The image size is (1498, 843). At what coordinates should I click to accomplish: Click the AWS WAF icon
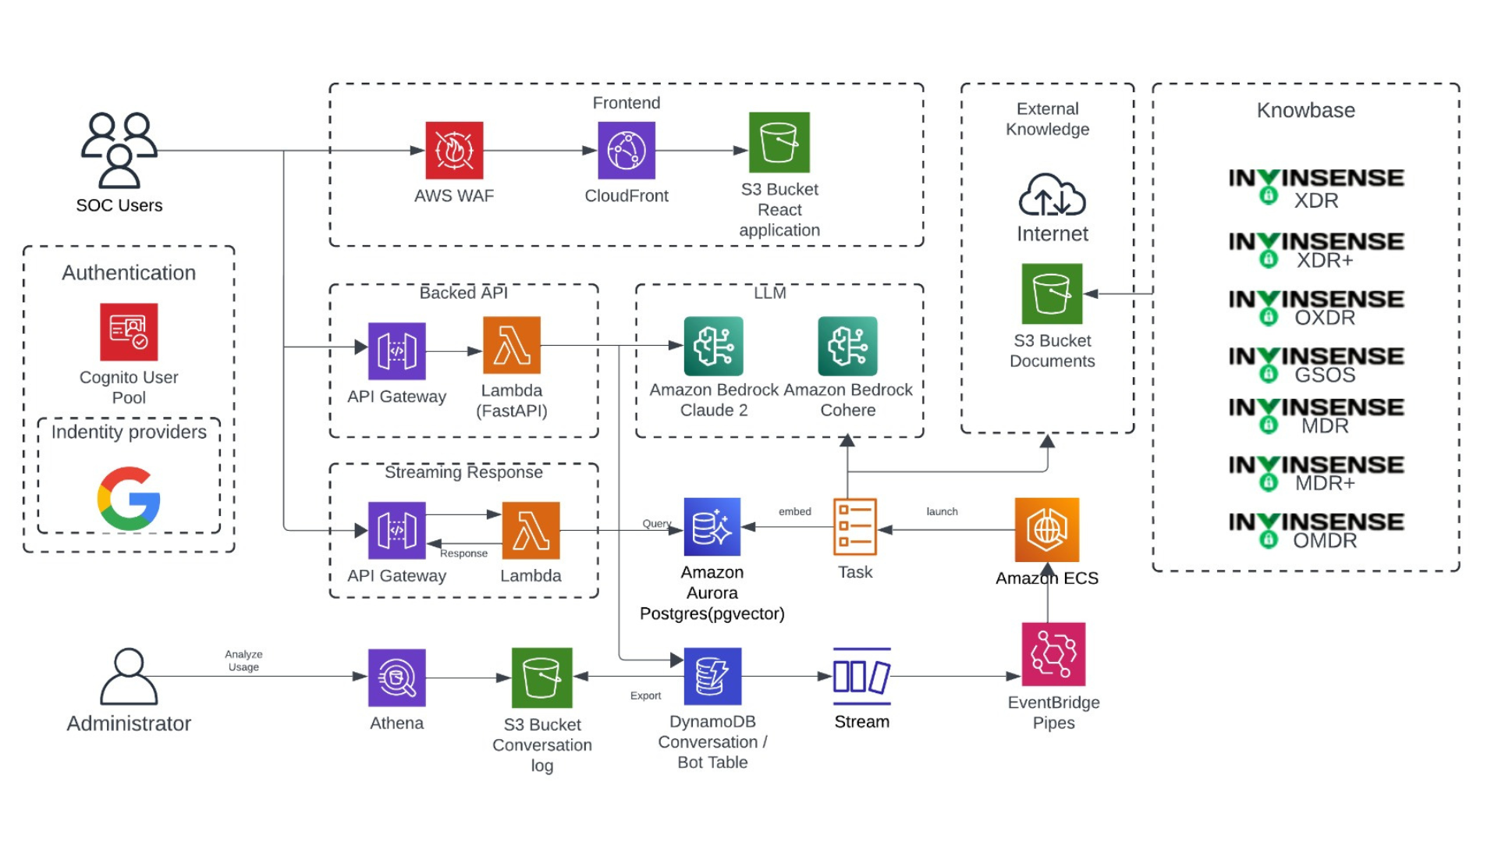pos(454,151)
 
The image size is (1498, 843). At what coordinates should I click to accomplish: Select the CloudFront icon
pos(627,151)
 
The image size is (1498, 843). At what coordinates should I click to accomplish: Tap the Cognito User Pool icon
pos(129,332)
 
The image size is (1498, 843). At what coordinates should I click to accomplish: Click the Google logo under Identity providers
pos(129,499)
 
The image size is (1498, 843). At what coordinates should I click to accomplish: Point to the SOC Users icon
pos(119,151)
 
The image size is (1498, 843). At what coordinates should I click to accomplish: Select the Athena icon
pos(396,678)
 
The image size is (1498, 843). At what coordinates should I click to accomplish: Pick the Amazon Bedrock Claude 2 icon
pos(713,346)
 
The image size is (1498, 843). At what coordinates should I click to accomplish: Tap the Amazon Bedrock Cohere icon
pos(847,346)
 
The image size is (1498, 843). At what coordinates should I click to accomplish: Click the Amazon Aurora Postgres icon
pos(712,527)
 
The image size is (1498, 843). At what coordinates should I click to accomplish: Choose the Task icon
pos(855,527)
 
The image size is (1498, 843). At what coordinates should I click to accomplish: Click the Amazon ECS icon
pos(1047,529)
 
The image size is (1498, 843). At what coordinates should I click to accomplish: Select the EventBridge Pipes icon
pos(1053,654)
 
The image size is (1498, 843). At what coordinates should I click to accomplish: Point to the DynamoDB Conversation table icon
pos(712,676)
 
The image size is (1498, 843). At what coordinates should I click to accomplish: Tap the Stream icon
pos(861,676)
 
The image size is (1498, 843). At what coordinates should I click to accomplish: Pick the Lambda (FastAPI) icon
pos(512,345)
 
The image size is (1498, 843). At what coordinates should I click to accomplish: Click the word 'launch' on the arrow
pos(942,512)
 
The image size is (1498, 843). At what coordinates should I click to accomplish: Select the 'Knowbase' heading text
pos(1305,111)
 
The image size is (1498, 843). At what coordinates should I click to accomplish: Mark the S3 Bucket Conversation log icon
pos(542,678)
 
